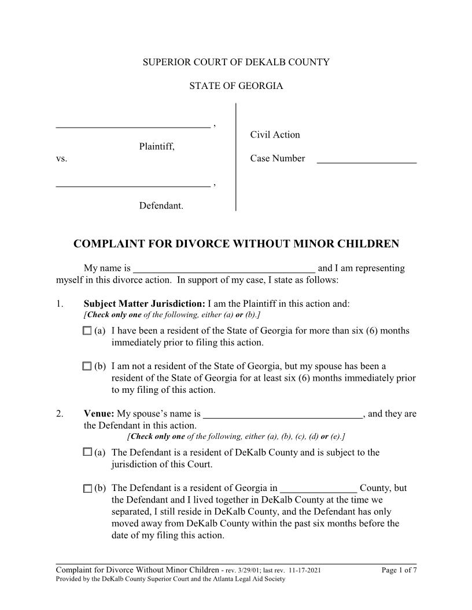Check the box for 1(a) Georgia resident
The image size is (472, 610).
pos(87,331)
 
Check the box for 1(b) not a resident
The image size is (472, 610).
pos(87,366)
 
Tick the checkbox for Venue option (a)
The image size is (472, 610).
pos(87,452)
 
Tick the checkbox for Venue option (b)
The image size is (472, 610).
pos(87,488)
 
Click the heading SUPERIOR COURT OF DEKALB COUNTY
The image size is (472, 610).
pos(236,62)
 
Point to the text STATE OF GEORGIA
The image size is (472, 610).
pos(236,86)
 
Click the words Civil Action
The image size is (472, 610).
pos(275,135)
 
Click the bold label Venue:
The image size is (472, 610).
pos(99,414)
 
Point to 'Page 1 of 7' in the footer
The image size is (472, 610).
pos(399,571)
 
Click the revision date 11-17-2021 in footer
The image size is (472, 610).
pos(301,571)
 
